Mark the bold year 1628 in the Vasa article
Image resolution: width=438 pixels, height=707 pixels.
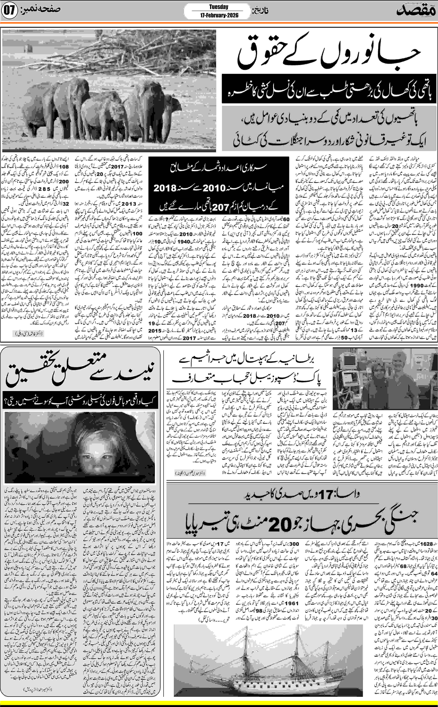(427, 544)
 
